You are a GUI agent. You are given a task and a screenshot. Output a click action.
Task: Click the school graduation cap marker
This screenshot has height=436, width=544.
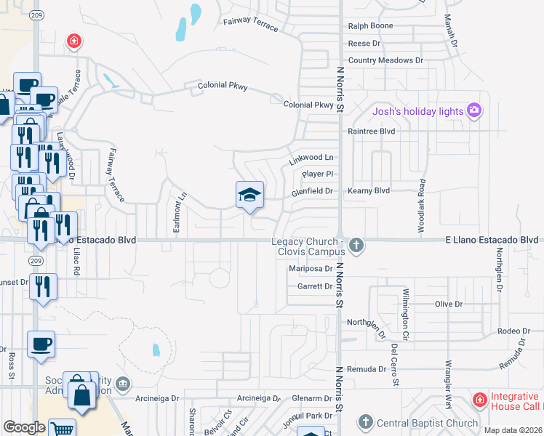coord(249,195)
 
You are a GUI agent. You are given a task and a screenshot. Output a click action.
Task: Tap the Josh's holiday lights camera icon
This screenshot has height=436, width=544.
coord(474,110)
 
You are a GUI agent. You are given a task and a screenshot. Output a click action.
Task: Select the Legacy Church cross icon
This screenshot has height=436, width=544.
coord(356,245)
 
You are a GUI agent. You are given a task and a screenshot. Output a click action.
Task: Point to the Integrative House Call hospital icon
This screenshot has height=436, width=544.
coord(479,400)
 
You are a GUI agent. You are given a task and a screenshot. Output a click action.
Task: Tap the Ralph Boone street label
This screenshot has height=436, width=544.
coord(371,26)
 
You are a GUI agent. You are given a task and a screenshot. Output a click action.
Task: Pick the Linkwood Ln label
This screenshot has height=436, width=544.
coord(311,158)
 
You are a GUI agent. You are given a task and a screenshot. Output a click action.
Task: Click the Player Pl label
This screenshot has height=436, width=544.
coord(318,174)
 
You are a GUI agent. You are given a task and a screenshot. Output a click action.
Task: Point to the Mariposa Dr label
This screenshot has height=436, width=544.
coord(311,269)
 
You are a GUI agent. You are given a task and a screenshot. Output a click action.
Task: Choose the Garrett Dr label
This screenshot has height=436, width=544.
coord(315,286)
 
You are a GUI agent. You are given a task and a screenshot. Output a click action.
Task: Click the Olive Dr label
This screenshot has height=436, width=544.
coord(448,304)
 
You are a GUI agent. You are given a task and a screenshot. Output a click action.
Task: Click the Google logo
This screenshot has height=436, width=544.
coord(24,427)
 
